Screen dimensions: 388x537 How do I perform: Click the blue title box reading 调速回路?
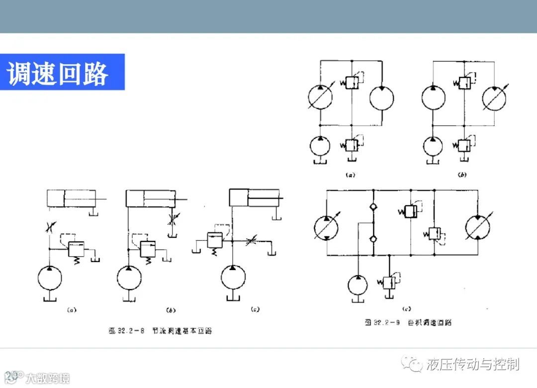(x=62, y=72)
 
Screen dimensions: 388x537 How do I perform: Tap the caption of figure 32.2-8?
(x=160, y=331)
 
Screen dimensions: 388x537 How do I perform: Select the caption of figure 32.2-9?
(x=408, y=322)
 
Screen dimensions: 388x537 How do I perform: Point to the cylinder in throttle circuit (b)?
(x=151, y=198)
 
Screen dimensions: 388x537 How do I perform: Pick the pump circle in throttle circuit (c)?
(x=234, y=278)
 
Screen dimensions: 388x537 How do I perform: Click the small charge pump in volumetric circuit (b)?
(x=434, y=147)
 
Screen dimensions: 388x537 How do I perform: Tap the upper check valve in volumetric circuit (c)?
(x=372, y=207)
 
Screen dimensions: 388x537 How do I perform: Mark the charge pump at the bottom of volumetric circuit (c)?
(x=358, y=285)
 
